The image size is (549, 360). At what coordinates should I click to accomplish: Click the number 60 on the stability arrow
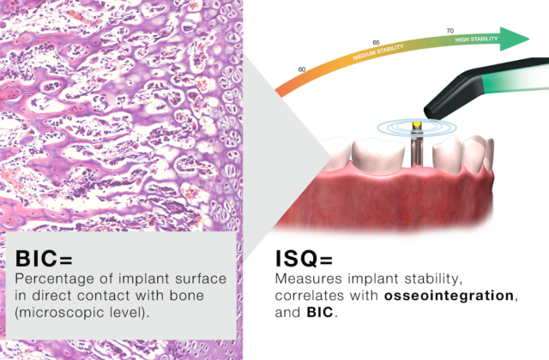tap(301, 69)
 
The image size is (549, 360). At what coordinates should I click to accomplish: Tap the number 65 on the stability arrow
tap(376, 41)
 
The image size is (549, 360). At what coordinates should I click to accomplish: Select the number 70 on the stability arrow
tap(450, 31)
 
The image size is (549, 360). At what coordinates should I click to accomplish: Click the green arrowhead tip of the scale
tap(525, 39)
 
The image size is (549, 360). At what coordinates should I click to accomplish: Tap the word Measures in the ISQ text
tap(307, 279)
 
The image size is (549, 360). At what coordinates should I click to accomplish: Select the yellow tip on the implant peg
tap(416, 126)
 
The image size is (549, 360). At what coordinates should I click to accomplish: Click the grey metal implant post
tap(416, 150)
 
